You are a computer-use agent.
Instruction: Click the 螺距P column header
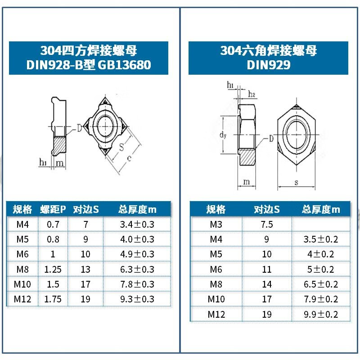coord(53,209)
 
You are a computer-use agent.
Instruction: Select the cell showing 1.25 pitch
coord(53,269)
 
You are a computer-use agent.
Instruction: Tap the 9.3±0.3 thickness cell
coord(136,299)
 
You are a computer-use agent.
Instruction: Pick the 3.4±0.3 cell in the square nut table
coord(136,224)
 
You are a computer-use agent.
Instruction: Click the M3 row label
coord(216,224)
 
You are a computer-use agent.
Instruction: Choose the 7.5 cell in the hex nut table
coord(267,224)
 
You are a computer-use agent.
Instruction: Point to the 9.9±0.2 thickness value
coord(320,314)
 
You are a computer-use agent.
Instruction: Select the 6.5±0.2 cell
coord(320,284)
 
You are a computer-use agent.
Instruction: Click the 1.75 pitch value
coord(53,299)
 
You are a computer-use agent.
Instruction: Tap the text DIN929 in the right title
coord(268,65)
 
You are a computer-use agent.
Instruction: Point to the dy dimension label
coord(222,134)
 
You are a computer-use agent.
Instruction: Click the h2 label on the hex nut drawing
coord(252,94)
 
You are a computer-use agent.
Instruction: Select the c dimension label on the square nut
coord(129,158)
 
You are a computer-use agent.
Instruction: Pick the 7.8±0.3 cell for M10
coord(136,284)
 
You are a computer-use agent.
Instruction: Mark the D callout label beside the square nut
coord(79,128)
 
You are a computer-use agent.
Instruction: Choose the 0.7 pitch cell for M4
coord(53,224)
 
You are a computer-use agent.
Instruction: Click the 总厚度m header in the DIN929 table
coord(320,209)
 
